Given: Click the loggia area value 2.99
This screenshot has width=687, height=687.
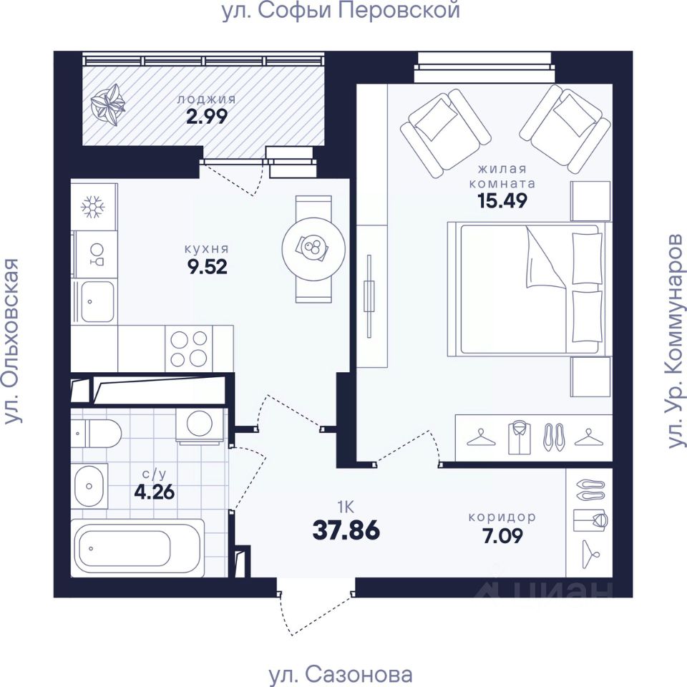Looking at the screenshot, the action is point(207,117).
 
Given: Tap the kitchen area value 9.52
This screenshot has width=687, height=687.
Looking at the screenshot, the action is point(208,267).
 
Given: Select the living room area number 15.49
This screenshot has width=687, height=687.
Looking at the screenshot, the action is point(502,200).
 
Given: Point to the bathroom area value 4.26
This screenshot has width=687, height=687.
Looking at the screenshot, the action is point(155,492).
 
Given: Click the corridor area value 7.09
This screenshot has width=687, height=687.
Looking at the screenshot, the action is point(502,536).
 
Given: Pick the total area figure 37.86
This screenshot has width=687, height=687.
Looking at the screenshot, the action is point(346,530).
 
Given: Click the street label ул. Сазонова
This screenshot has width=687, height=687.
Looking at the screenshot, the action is point(341,674).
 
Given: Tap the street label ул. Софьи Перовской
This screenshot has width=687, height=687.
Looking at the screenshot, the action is point(341,11).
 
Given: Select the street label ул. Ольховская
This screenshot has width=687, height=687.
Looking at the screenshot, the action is point(12,341).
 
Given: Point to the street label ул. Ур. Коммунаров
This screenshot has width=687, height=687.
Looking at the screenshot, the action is point(675,341).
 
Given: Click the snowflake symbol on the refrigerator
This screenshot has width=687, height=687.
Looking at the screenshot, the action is point(93,207).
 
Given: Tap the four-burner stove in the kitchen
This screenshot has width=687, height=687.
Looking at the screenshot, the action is point(188,349).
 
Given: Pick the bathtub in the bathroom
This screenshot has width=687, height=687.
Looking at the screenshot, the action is point(137,548).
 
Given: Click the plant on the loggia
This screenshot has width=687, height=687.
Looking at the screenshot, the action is point(108,104).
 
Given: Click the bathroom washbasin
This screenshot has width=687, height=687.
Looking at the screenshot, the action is point(89,486).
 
